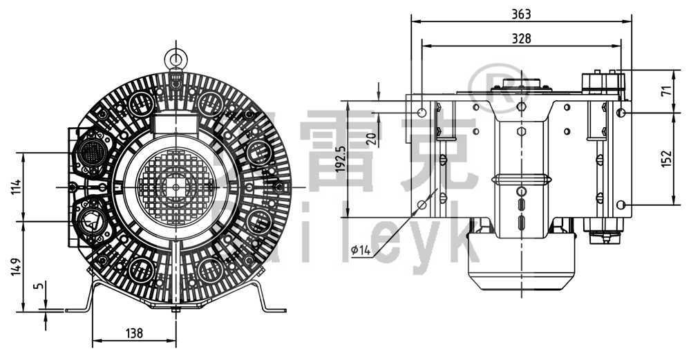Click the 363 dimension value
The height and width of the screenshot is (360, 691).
522,13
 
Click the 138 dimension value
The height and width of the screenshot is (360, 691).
135,333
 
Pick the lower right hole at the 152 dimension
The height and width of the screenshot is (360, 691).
622,205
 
